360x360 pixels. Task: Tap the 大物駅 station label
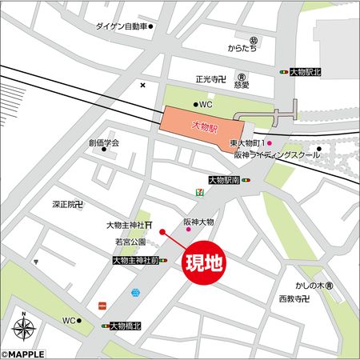pos(205,126)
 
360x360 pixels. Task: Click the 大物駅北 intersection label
pos(307,72)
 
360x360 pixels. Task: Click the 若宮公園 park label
pos(131,241)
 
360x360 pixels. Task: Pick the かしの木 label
pos(308,286)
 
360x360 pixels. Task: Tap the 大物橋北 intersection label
pos(126,326)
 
